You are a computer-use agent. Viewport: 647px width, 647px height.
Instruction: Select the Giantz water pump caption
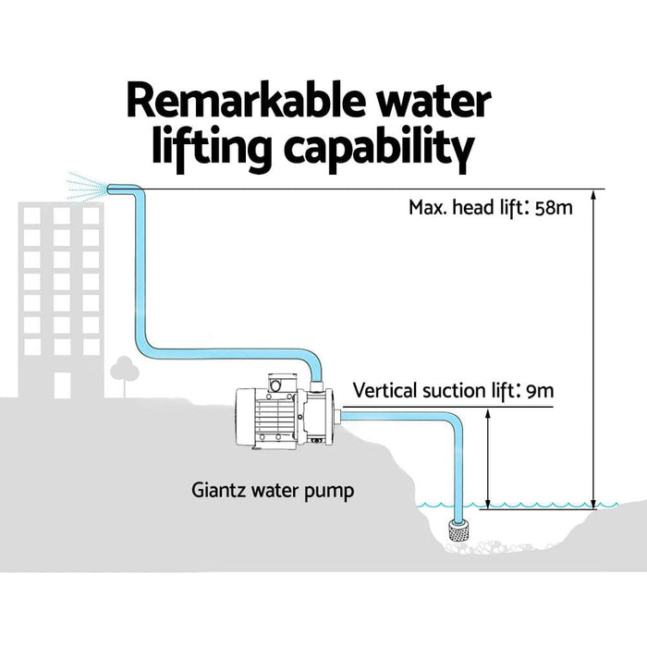273,490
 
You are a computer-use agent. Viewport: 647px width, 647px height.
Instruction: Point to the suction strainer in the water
458,531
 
